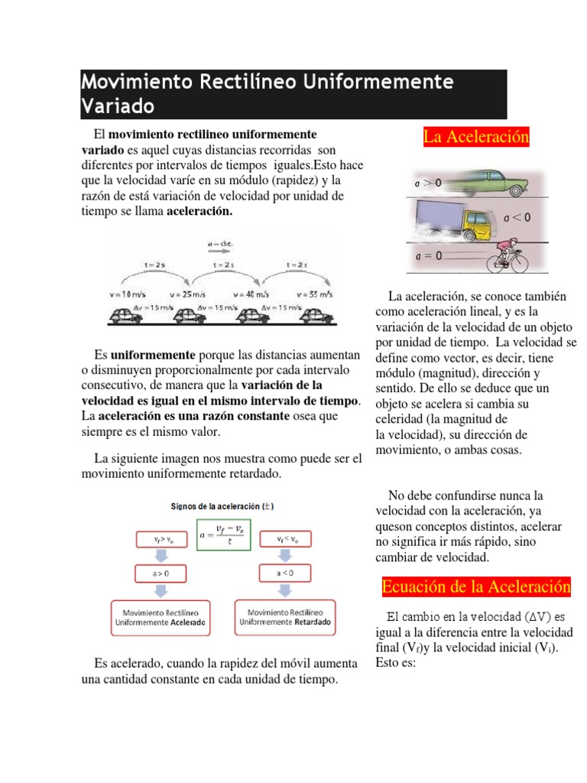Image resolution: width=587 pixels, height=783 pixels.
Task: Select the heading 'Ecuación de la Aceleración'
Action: point(476,586)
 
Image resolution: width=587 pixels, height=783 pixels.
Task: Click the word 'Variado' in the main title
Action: point(118,105)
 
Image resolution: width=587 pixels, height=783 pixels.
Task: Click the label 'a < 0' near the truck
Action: point(517,218)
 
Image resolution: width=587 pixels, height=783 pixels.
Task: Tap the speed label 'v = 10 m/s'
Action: point(129,294)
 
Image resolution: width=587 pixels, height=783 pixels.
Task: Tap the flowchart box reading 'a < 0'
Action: point(284,572)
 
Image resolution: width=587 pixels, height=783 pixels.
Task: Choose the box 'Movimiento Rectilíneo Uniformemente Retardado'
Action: point(285,617)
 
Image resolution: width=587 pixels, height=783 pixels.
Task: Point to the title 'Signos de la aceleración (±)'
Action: point(222,506)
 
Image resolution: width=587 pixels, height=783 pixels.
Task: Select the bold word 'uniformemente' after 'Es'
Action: point(154,356)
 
